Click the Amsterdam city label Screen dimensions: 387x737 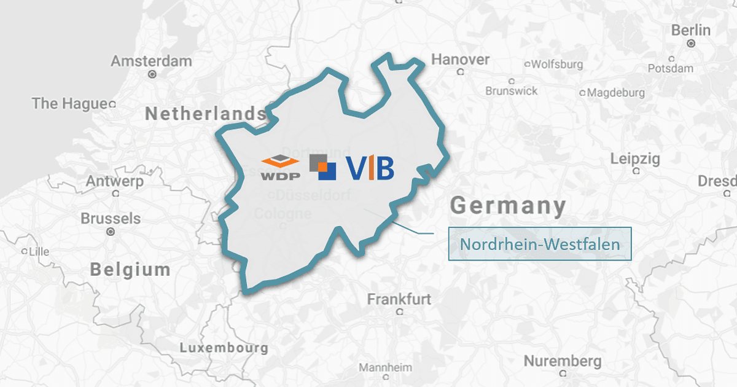(151, 61)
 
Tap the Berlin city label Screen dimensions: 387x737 (691, 30)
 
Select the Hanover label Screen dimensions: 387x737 (461, 60)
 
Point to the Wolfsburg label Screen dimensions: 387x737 (556, 64)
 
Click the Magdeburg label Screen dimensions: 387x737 (616, 93)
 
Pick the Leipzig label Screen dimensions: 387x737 (635, 159)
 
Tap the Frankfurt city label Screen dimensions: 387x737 (399, 299)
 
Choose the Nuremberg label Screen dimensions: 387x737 (562, 360)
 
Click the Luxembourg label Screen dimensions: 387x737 (224, 348)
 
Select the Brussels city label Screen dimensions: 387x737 (111, 219)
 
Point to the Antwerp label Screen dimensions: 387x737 (115, 181)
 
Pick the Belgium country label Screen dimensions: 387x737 (130, 269)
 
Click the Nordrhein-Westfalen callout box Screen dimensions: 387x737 (540, 244)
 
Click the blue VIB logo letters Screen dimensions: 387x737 (369, 168)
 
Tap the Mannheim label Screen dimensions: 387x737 (385, 367)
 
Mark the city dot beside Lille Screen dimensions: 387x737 (25, 252)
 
